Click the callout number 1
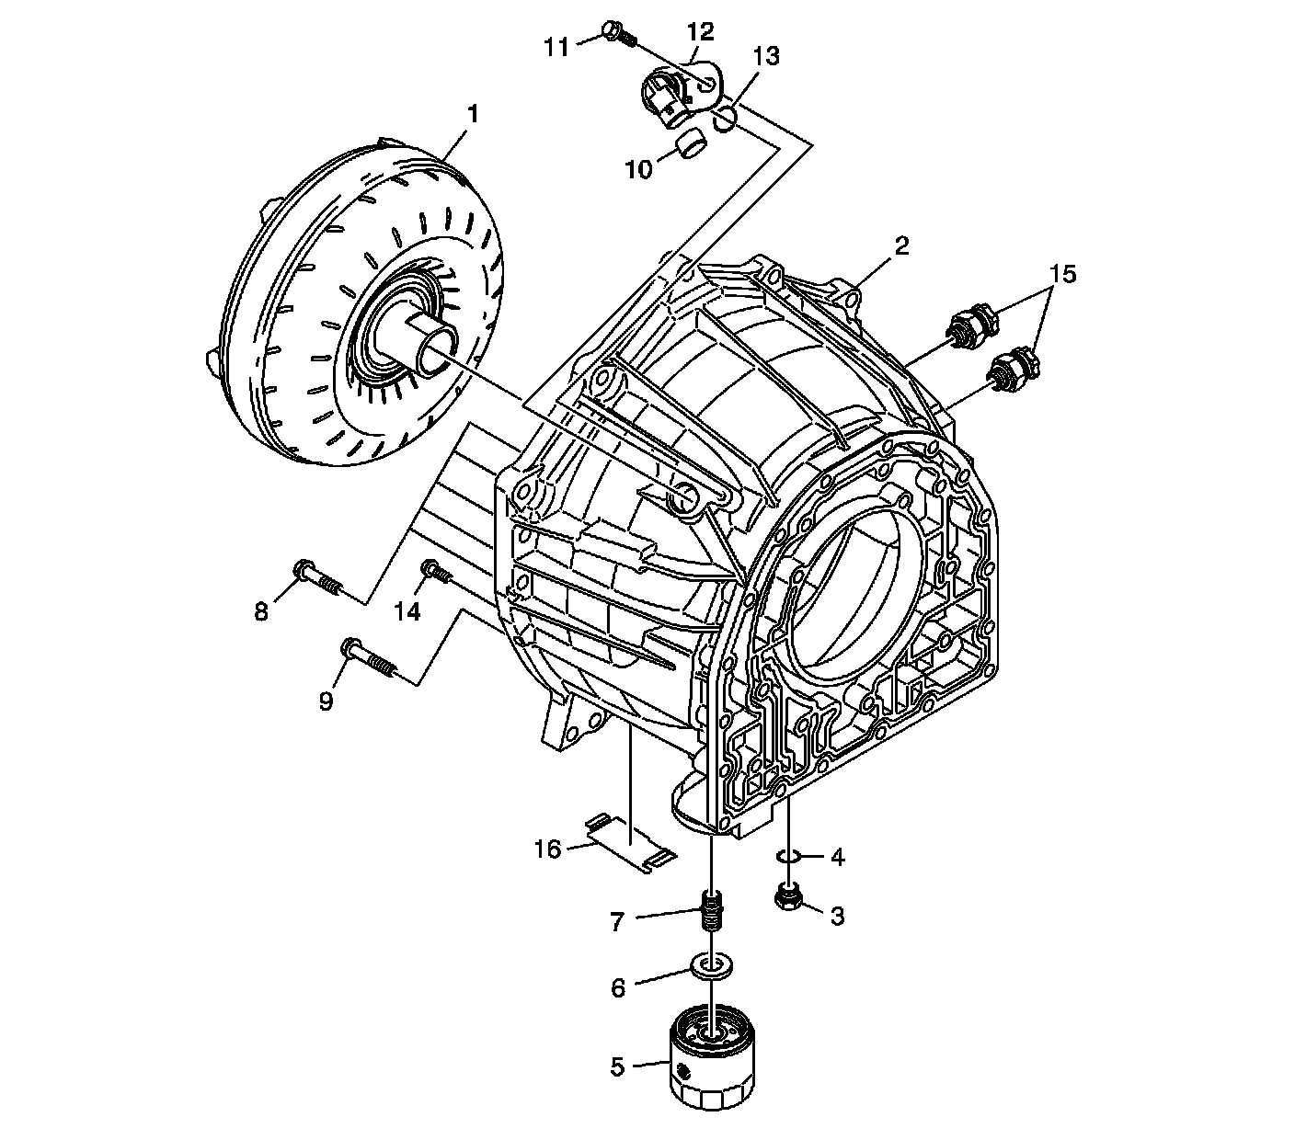[473, 116]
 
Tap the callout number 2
[901, 245]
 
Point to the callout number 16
[547, 849]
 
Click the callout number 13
[766, 57]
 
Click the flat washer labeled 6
[711, 965]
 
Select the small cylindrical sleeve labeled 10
[691, 143]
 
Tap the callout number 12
[700, 31]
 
